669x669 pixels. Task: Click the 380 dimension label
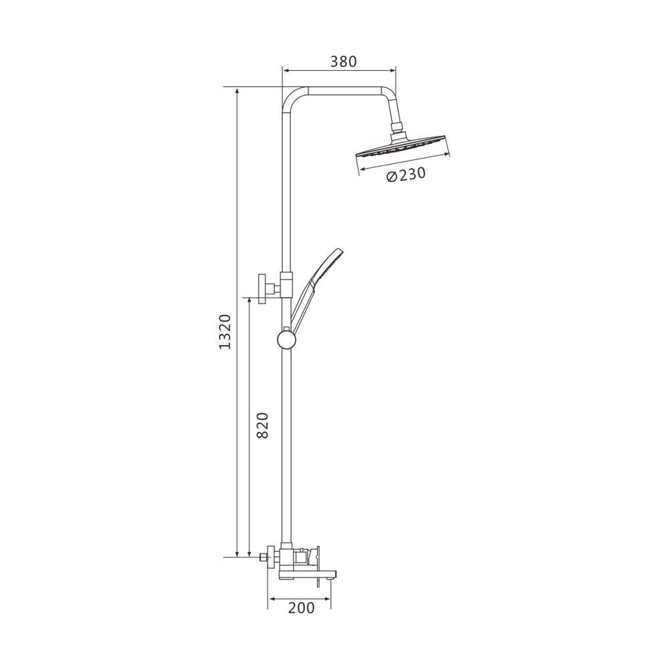[343, 62]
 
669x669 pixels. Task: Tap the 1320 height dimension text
[225, 332]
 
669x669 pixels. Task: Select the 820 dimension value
[262, 425]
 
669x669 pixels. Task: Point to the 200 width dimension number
[301, 607]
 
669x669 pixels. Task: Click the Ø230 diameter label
[406, 175]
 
